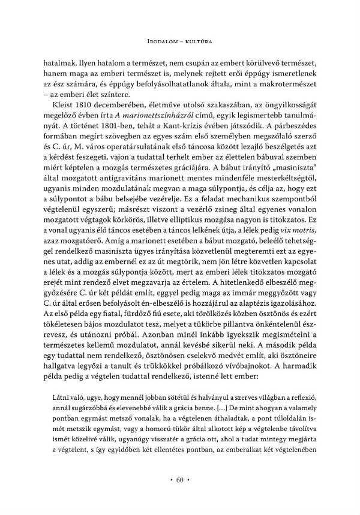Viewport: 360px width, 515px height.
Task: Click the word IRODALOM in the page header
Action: coord(166,41)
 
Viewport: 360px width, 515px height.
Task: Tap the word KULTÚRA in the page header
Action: coord(200,41)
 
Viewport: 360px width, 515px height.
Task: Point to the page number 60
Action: coord(180,480)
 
